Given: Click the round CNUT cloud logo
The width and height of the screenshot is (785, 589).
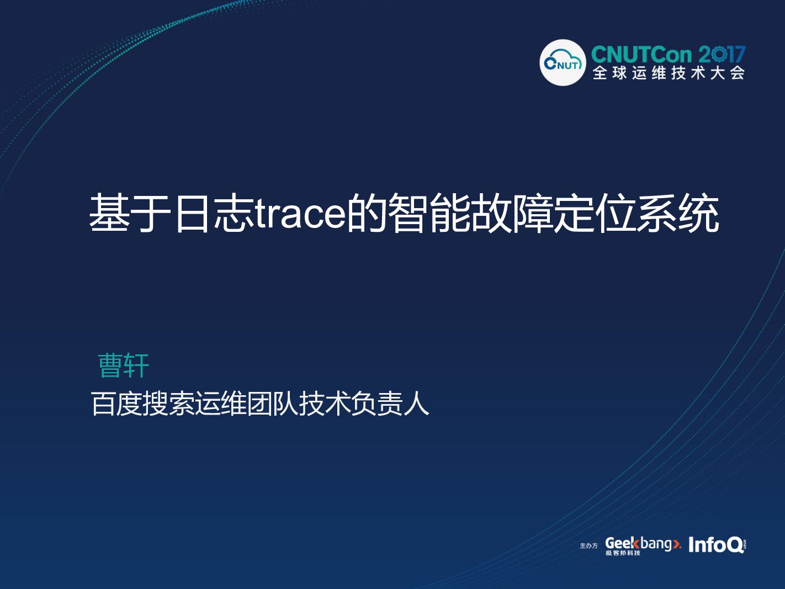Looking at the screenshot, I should (562, 63).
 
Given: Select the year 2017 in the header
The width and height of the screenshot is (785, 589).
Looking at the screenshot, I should (722, 55).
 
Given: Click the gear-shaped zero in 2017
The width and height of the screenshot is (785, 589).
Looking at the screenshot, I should (719, 55).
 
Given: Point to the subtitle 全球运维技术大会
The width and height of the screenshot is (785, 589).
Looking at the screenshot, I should (669, 73).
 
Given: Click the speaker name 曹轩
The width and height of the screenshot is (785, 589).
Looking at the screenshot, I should (124, 365).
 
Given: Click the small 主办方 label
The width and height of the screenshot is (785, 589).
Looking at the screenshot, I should (588, 546).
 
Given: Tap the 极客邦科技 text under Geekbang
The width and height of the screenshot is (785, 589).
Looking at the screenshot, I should (623, 553).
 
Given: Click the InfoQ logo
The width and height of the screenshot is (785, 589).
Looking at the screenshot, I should (717, 545).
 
